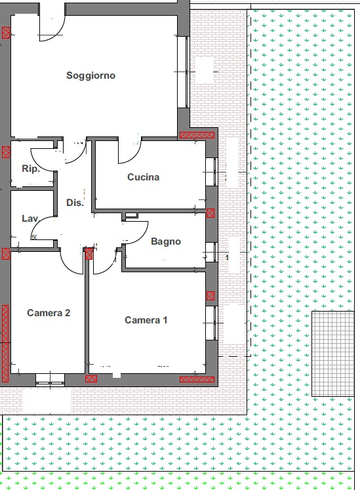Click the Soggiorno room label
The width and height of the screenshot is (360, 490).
[x=90, y=75]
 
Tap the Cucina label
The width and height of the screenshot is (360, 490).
[x=144, y=177]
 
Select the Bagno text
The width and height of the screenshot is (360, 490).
[x=166, y=241]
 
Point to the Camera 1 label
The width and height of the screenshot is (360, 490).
[x=146, y=320]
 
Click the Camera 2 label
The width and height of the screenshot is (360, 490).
[x=49, y=313]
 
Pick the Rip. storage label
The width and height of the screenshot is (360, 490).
[x=31, y=169]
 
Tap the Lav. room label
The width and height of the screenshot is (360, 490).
[x=30, y=218]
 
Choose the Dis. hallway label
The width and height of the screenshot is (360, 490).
[x=75, y=203]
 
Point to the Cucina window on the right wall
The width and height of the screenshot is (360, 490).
[x=211, y=172]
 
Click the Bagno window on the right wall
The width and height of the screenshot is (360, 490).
[x=211, y=252]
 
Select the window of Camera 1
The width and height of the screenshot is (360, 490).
[x=211, y=323]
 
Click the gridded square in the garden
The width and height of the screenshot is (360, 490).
[x=333, y=354]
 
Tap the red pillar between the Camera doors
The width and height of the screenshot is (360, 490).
[x=89, y=253]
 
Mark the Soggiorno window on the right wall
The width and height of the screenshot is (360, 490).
[x=184, y=72]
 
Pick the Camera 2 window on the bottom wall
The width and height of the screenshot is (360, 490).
[x=50, y=380]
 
